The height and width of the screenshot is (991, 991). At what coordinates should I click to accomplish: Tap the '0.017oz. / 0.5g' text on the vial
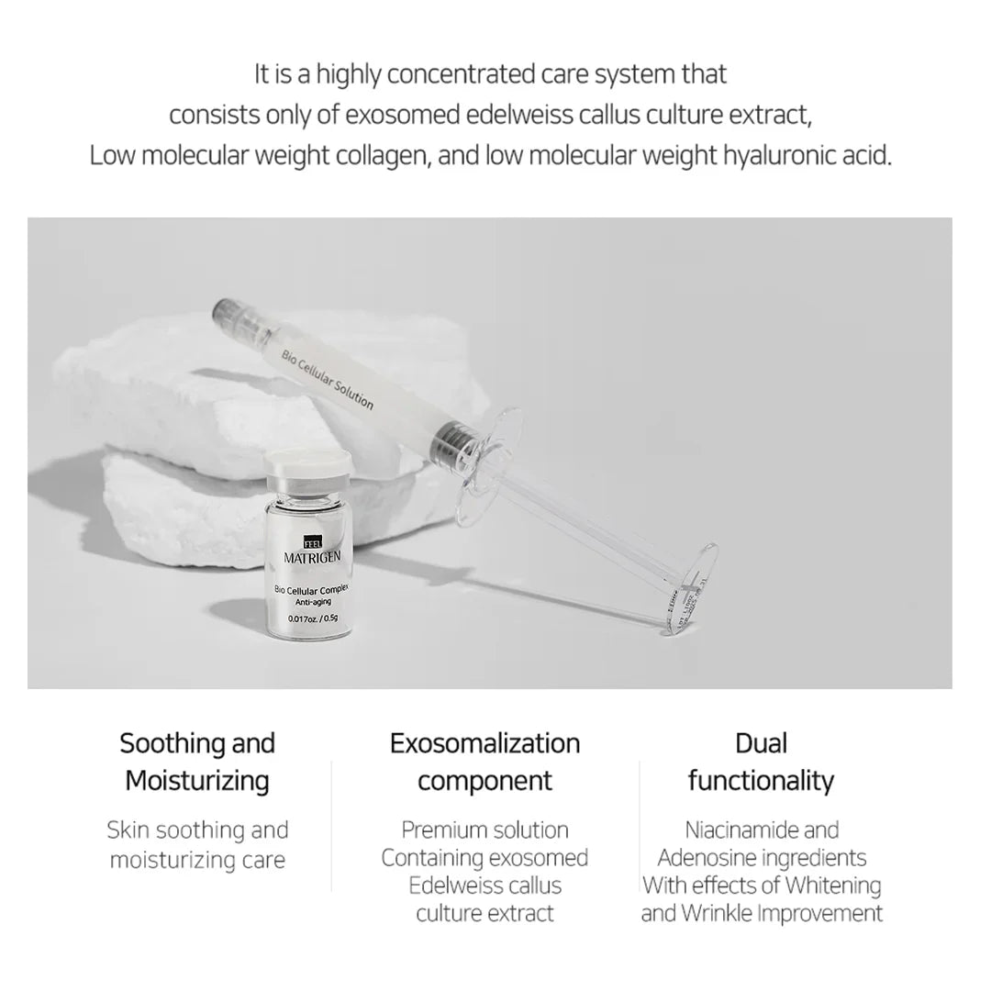tap(312, 617)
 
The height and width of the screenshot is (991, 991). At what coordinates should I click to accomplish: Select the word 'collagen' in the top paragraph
tap(373, 155)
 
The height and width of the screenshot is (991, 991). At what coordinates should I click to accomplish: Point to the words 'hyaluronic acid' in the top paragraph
tap(807, 155)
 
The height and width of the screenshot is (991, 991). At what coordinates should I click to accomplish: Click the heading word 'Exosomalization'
tap(484, 742)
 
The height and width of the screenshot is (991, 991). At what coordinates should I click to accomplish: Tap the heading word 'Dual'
tap(761, 742)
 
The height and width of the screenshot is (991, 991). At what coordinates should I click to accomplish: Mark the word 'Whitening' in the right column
tap(831, 885)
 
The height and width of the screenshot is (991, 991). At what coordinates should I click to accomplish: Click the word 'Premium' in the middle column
tap(443, 830)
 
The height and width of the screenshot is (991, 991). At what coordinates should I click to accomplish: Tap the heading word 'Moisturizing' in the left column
tap(197, 781)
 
